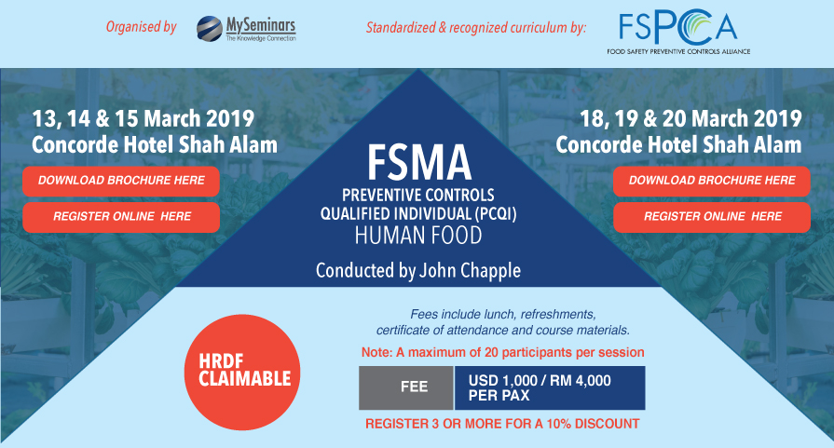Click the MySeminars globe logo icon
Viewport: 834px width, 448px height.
coord(210,29)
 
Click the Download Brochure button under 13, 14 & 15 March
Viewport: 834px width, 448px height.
coord(121,180)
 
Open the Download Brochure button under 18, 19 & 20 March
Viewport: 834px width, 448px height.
coord(712,181)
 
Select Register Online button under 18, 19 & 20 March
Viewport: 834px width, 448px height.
coord(712,216)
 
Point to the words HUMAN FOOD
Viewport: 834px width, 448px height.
coord(417,236)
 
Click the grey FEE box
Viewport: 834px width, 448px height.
coord(405,387)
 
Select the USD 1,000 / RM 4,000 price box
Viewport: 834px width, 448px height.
coord(550,387)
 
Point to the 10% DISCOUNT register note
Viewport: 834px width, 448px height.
coord(502,425)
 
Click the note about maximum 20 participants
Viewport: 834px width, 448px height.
coord(502,353)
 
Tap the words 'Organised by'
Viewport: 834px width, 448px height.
coord(142,27)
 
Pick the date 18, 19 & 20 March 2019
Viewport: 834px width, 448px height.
coord(690,119)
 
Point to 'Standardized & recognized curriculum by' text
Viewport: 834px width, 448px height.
coord(476,28)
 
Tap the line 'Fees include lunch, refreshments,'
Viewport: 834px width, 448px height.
coord(502,314)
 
